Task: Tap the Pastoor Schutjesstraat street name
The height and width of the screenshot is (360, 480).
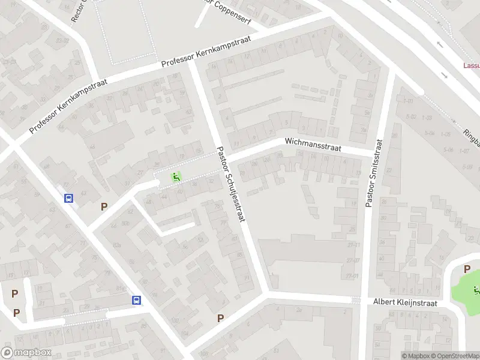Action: pyautogui.click(x=232, y=185)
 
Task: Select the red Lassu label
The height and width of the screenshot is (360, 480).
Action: pyautogui.click(x=471, y=66)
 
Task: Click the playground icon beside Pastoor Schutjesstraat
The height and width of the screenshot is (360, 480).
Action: pyautogui.click(x=176, y=176)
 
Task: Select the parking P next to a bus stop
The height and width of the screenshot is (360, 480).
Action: pyautogui.click(x=104, y=206)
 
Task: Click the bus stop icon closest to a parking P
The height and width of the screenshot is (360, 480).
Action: pyautogui.click(x=70, y=199)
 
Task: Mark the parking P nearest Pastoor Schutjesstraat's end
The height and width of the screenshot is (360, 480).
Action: pyautogui.click(x=220, y=318)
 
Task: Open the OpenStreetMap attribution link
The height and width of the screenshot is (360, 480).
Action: pyautogui.click(x=454, y=356)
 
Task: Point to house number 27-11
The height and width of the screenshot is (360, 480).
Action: pyautogui.click(x=353, y=245)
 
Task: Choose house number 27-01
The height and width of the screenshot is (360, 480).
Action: pyautogui.click(x=353, y=277)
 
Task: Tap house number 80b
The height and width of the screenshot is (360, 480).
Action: pyautogui.click(x=125, y=224)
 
